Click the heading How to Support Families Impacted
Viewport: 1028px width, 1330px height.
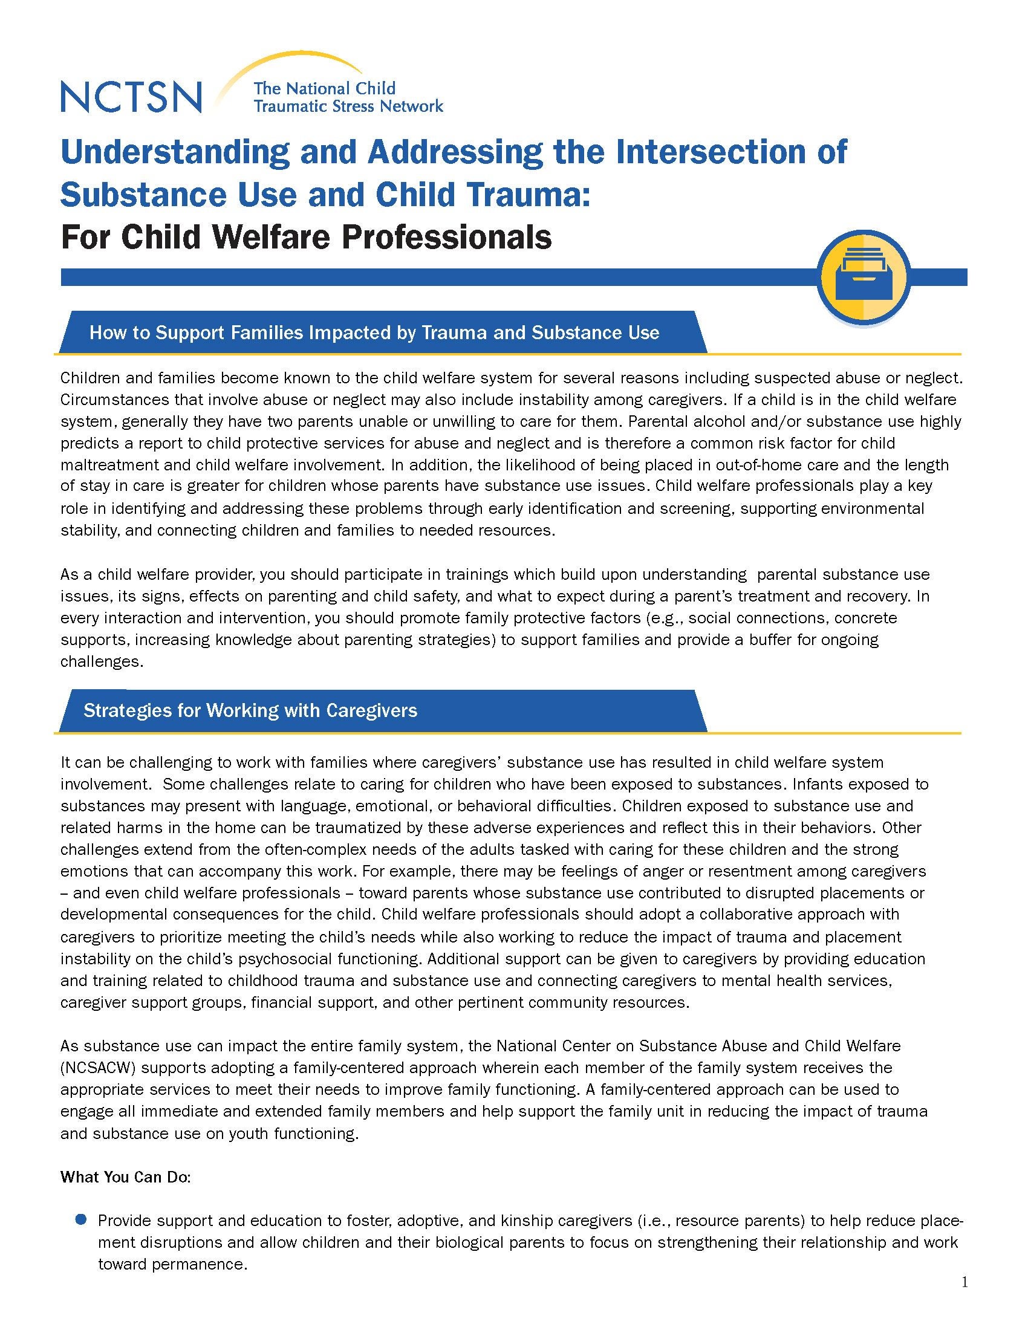coord(374,332)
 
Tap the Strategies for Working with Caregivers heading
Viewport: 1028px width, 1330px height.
coord(250,711)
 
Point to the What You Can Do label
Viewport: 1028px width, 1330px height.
coord(125,1177)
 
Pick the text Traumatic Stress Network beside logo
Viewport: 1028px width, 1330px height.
coord(348,106)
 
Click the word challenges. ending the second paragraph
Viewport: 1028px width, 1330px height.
coord(102,662)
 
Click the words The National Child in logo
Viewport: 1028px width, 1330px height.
coord(324,89)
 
